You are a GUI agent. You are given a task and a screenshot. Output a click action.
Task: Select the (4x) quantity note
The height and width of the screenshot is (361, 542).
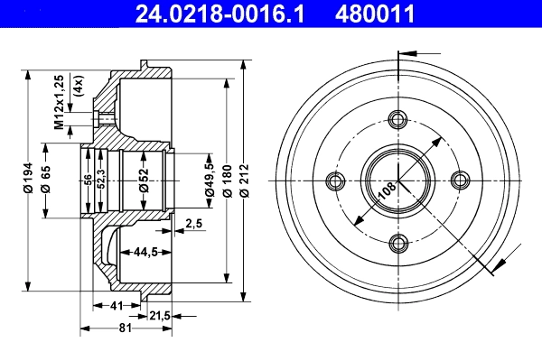pos(79,85)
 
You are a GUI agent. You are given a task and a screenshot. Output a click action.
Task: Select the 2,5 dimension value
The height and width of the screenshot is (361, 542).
pos(193,223)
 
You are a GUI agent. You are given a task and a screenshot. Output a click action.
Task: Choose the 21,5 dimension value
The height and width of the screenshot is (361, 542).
pos(159,315)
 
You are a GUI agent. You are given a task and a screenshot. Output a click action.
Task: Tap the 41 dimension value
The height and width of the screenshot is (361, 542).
pos(117,306)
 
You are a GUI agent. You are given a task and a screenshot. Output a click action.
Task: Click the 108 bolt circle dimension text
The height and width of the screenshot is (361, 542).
pos(386,191)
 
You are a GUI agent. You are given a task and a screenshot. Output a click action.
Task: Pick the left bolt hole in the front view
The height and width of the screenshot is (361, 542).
pos(337,180)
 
